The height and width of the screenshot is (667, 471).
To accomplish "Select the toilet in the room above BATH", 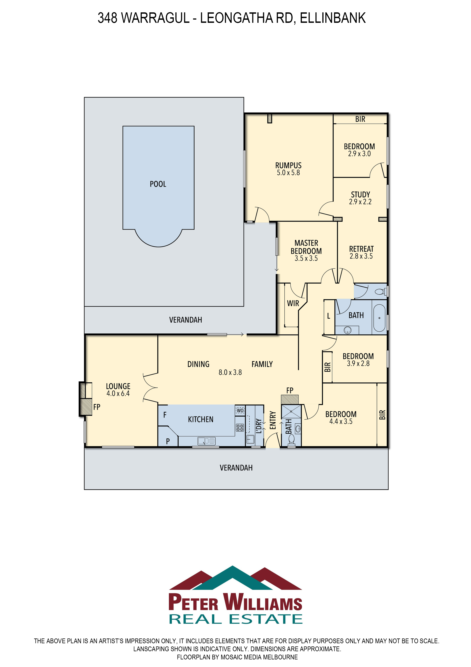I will point(380,291).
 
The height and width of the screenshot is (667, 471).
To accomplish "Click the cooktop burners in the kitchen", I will point(240,428).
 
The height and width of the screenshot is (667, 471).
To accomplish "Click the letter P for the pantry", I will point(168,441).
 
